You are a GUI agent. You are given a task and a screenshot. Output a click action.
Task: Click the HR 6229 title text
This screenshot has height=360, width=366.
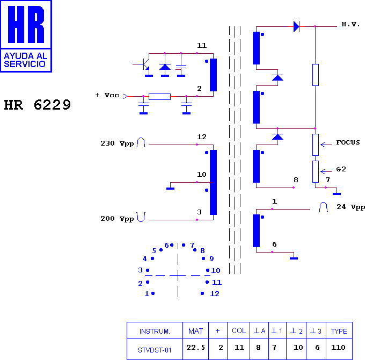(x=38, y=105)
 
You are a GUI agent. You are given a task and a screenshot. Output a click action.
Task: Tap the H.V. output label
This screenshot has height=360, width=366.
(x=350, y=24)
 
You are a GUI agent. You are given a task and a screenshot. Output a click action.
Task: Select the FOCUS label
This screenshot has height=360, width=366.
(x=348, y=142)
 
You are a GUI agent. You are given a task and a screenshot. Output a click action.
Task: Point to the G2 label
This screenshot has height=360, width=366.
(x=341, y=169)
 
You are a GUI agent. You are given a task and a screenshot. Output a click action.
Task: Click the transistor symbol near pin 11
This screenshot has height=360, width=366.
(x=145, y=64)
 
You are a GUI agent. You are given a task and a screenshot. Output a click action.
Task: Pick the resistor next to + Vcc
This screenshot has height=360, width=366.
(x=160, y=97)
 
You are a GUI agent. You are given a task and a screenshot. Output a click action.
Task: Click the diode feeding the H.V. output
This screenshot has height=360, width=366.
(x=296, y=26)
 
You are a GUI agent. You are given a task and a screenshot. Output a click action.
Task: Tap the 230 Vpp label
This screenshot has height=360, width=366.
(x=117, y=143)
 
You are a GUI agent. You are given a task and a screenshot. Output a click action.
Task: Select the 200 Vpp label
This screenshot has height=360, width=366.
(x=117, y=219)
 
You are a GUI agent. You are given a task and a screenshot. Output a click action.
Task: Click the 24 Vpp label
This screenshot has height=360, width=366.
(x=350, y=207)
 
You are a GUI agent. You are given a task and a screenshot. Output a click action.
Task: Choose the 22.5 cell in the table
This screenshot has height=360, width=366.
(x=195, y=348)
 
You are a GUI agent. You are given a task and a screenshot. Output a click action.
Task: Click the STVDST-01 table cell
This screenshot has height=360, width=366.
(x=155, y=350)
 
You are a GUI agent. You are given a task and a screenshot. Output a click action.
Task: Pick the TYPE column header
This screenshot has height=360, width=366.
(x=339, y=331)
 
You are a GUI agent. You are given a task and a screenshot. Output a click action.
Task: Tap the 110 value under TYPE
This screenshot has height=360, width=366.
(x=338, y=348)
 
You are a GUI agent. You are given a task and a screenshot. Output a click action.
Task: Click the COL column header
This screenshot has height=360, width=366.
(x=239, y=330)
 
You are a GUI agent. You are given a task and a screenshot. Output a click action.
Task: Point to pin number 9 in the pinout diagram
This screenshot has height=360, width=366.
(x=211, y=258)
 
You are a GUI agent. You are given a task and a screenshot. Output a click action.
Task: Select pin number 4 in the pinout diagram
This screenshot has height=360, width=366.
(x=145, y=259)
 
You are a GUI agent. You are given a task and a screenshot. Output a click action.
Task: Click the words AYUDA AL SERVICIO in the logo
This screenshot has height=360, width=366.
(x=25, y=60)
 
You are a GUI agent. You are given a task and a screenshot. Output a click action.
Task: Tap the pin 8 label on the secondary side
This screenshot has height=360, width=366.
(x=296, y=180)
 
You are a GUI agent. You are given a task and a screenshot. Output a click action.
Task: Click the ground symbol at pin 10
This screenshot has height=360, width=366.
(x=171, y=189)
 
